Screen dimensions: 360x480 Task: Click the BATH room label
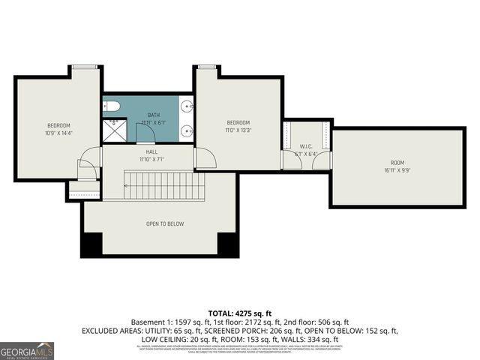153,115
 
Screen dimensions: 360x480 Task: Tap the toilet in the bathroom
109,106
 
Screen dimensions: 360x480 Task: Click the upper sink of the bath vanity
187,106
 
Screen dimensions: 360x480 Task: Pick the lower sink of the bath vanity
187,130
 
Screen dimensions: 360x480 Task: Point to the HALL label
151,151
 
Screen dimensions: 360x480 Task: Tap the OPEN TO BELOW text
165,223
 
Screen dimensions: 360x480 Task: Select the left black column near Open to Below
91,244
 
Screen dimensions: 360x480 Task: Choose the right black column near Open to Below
227,244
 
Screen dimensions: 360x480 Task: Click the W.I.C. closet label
306,146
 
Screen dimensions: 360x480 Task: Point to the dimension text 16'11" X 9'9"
397,170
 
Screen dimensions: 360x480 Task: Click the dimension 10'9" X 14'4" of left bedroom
58,133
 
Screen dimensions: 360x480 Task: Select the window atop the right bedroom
207,67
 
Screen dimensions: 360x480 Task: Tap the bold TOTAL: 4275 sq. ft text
240,313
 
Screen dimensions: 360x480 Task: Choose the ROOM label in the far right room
397,163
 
